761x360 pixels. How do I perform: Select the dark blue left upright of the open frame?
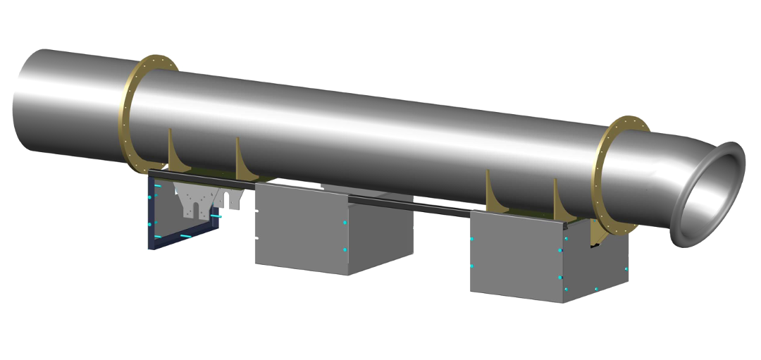pyautogui.click(x=150, y=211)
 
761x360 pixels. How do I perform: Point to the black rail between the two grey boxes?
pyautogui.click(x=423, y=206)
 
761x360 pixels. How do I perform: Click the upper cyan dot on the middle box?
pyautogui.click(x=345, y=223)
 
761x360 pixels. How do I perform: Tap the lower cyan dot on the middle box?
pyautogui.click(x=345, y=250)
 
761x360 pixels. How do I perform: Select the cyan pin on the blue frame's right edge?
pyautogui.click(x=218, y=216)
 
